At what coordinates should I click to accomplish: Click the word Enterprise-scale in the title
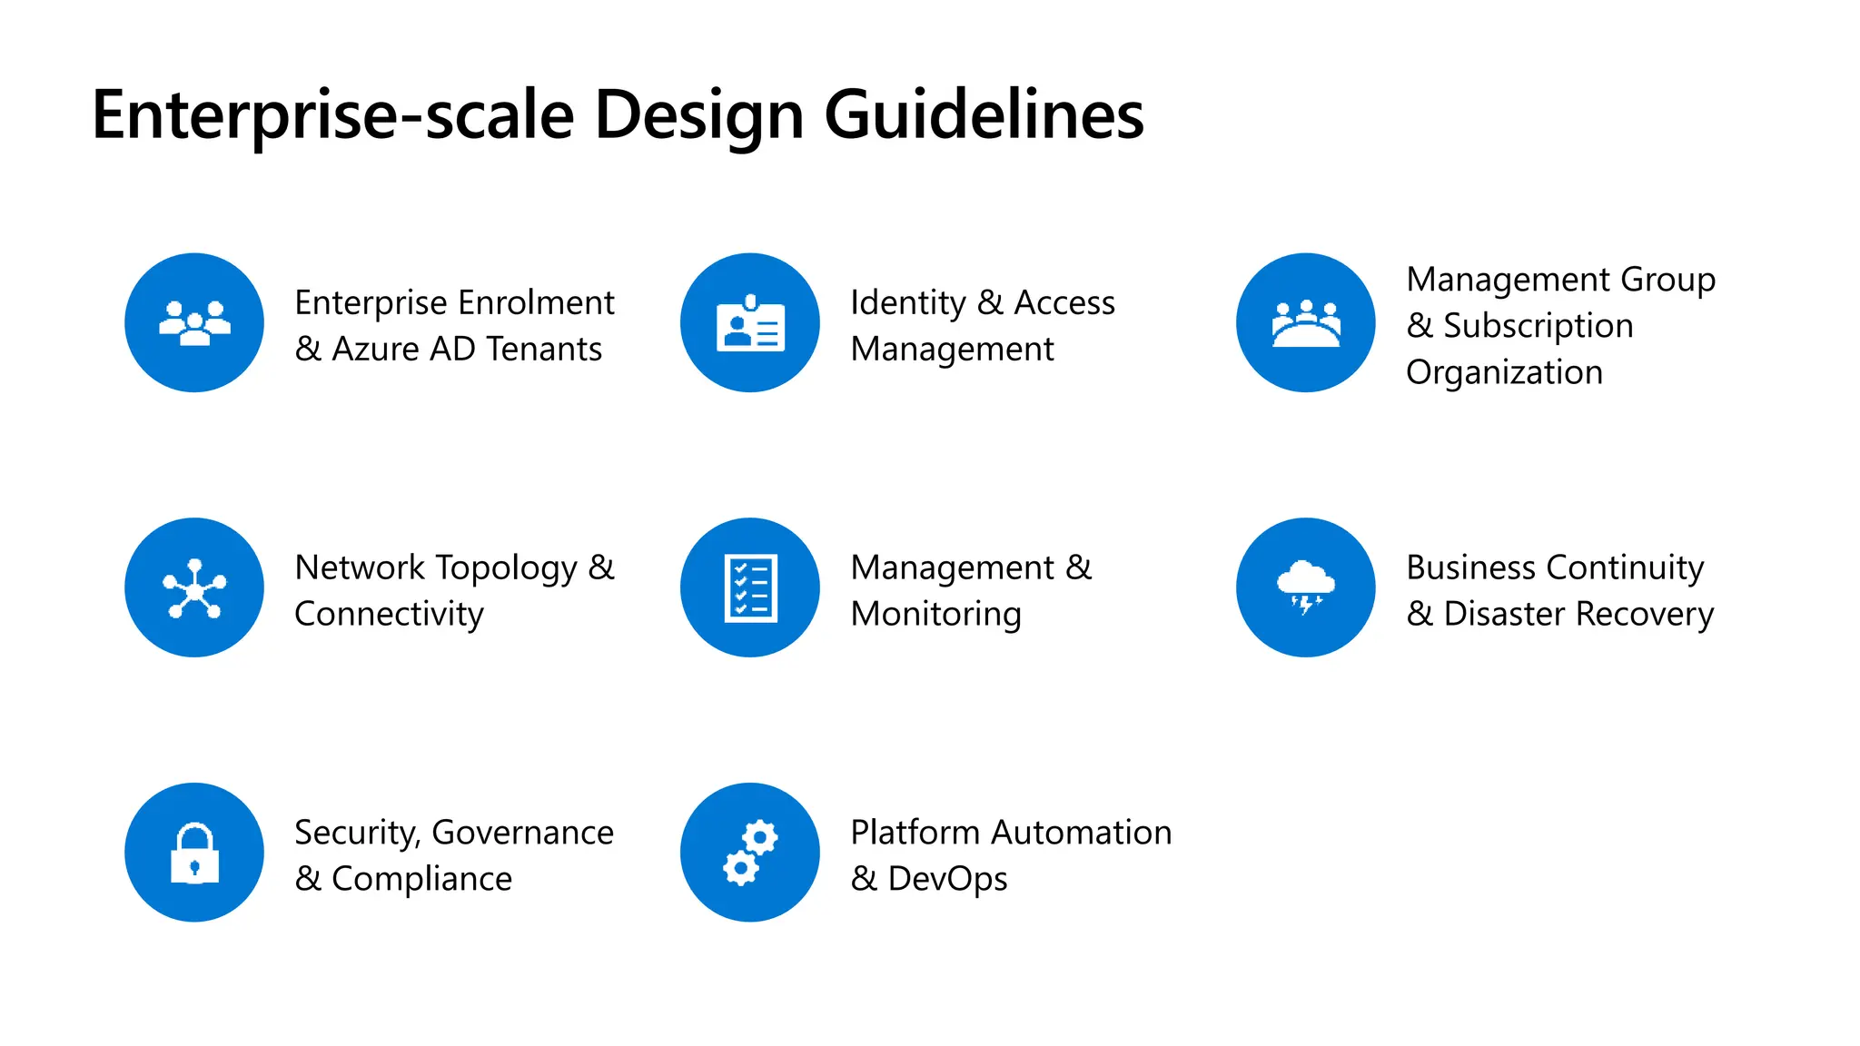(333, 115)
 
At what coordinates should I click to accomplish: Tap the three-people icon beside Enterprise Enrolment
(194, 322)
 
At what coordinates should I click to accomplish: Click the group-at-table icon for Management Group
(1306, 323)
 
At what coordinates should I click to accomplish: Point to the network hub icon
(194, 588)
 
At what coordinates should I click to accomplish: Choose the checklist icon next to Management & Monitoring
(750, 587)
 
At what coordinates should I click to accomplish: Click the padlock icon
(194, 854)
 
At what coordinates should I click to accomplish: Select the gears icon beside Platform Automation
(750, 853)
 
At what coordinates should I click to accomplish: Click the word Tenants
(544, 349)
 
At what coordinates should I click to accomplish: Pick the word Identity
(908, 303)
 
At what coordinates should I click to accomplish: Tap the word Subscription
(1538, 326)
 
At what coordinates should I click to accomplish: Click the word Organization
(1504, 372)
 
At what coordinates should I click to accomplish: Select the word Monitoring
(935, 615)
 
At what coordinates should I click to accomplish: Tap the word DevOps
(947, 879)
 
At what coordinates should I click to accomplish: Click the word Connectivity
(389, 615)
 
